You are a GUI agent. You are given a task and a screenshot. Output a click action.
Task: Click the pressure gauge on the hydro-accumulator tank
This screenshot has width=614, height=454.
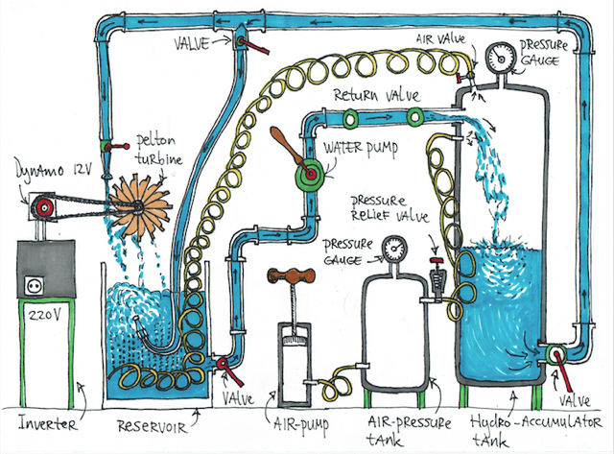498,54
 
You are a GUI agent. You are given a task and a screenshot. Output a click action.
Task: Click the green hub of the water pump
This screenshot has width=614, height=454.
310,176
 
